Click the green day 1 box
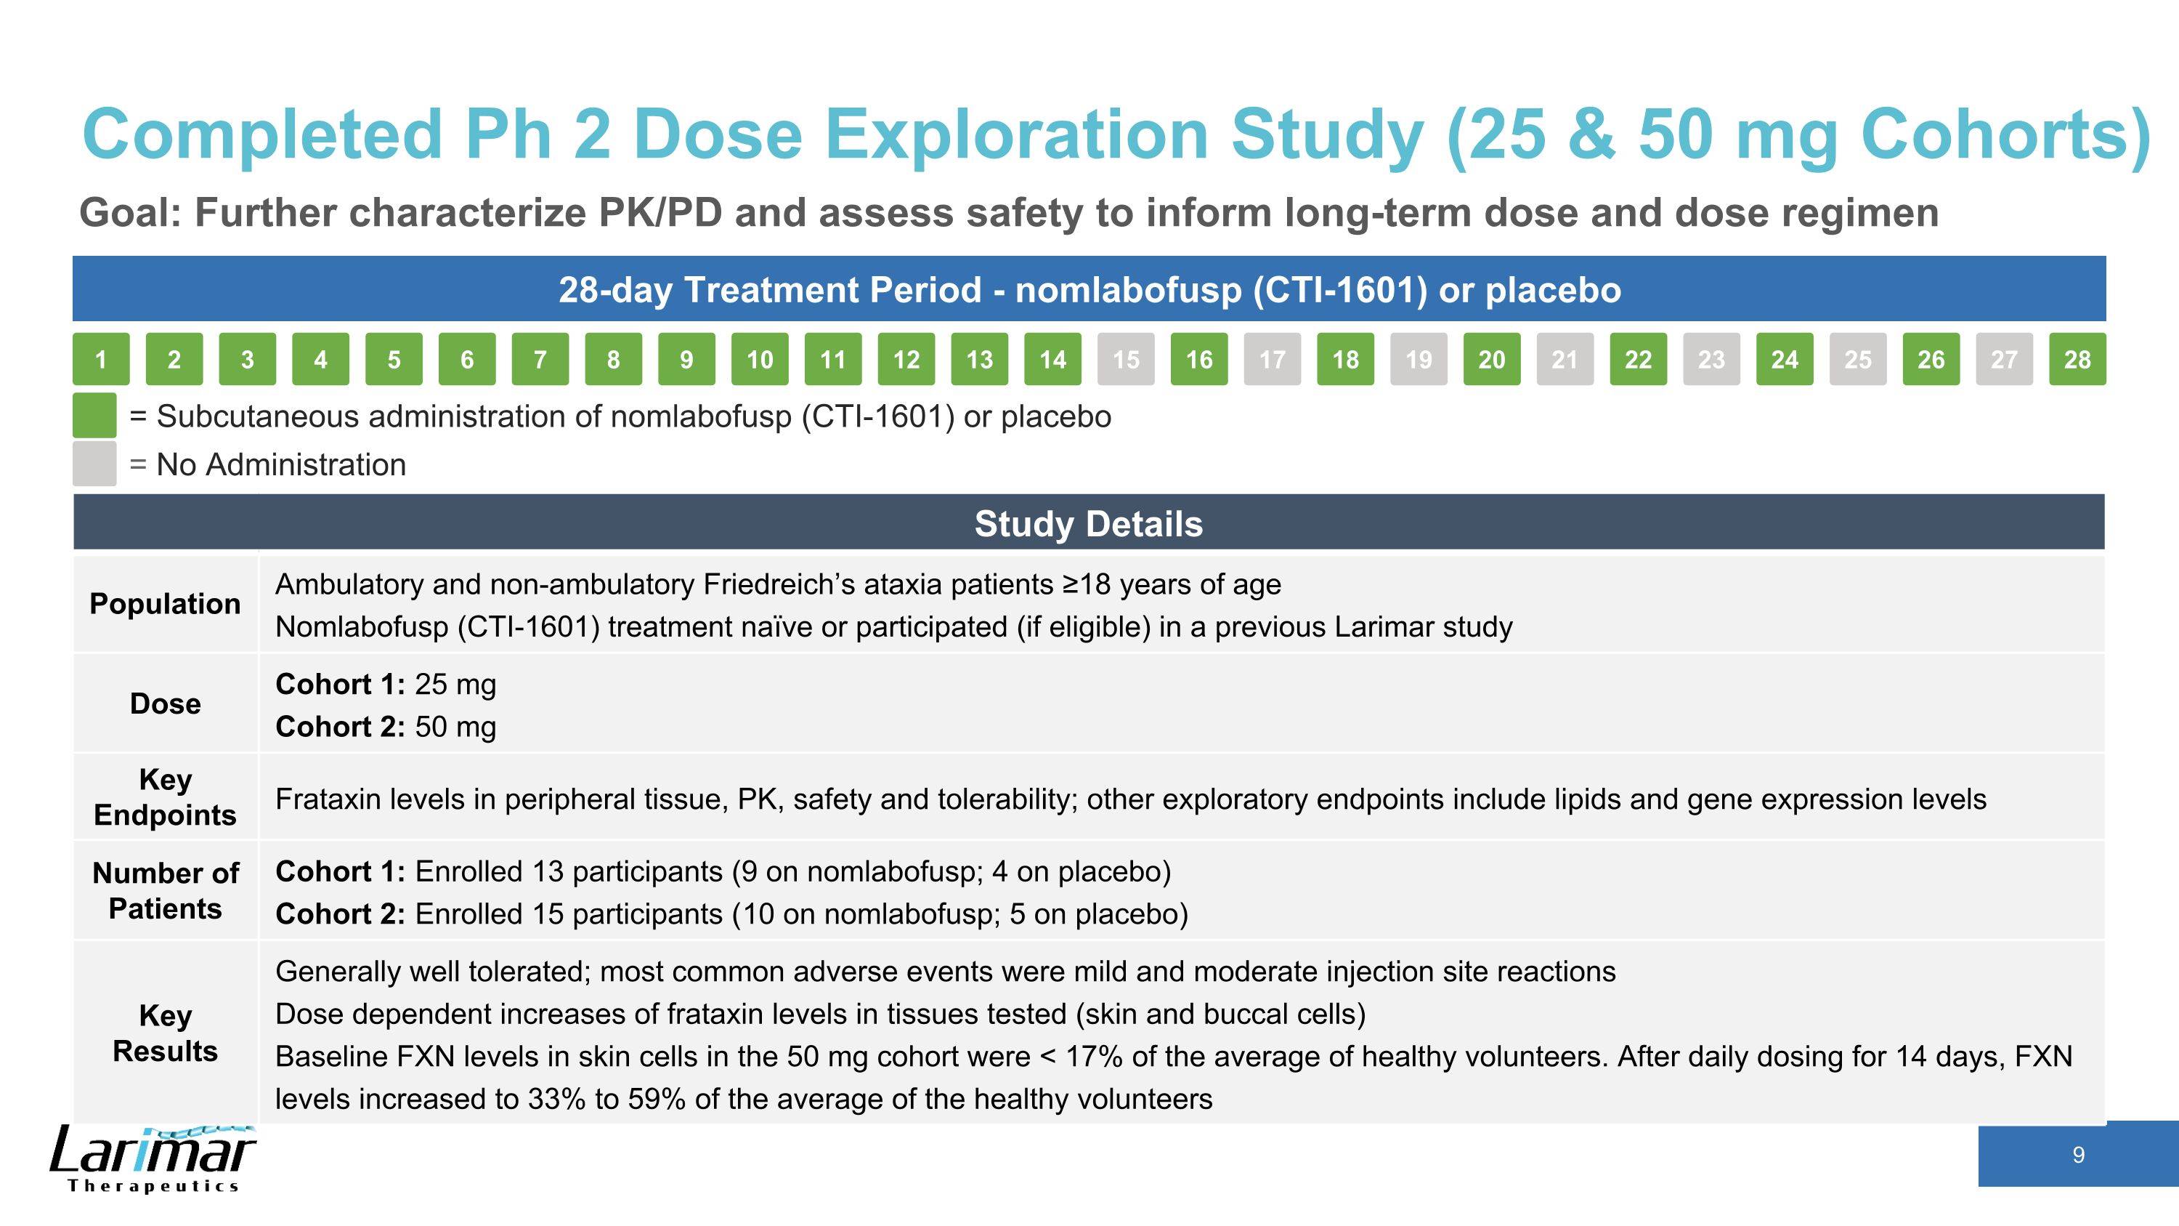coord(101,360)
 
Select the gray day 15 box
coord(1126,360)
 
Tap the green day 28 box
coord(2077,360)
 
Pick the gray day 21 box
coord(1565,360)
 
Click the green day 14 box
coord(1052,360)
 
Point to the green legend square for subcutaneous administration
coord(94,416)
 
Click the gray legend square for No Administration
coord(94,464)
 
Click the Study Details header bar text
coord(1088,524)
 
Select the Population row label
coord(165,603)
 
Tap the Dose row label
coord(165,703)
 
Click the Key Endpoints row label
coord(165,797)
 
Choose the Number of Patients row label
coord(165,890)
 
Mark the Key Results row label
coord(165,1033)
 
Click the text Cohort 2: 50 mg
coord(386,727)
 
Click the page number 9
coord(2078,1155)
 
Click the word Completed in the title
coord(262,135)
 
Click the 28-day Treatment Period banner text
coord(1089,289)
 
